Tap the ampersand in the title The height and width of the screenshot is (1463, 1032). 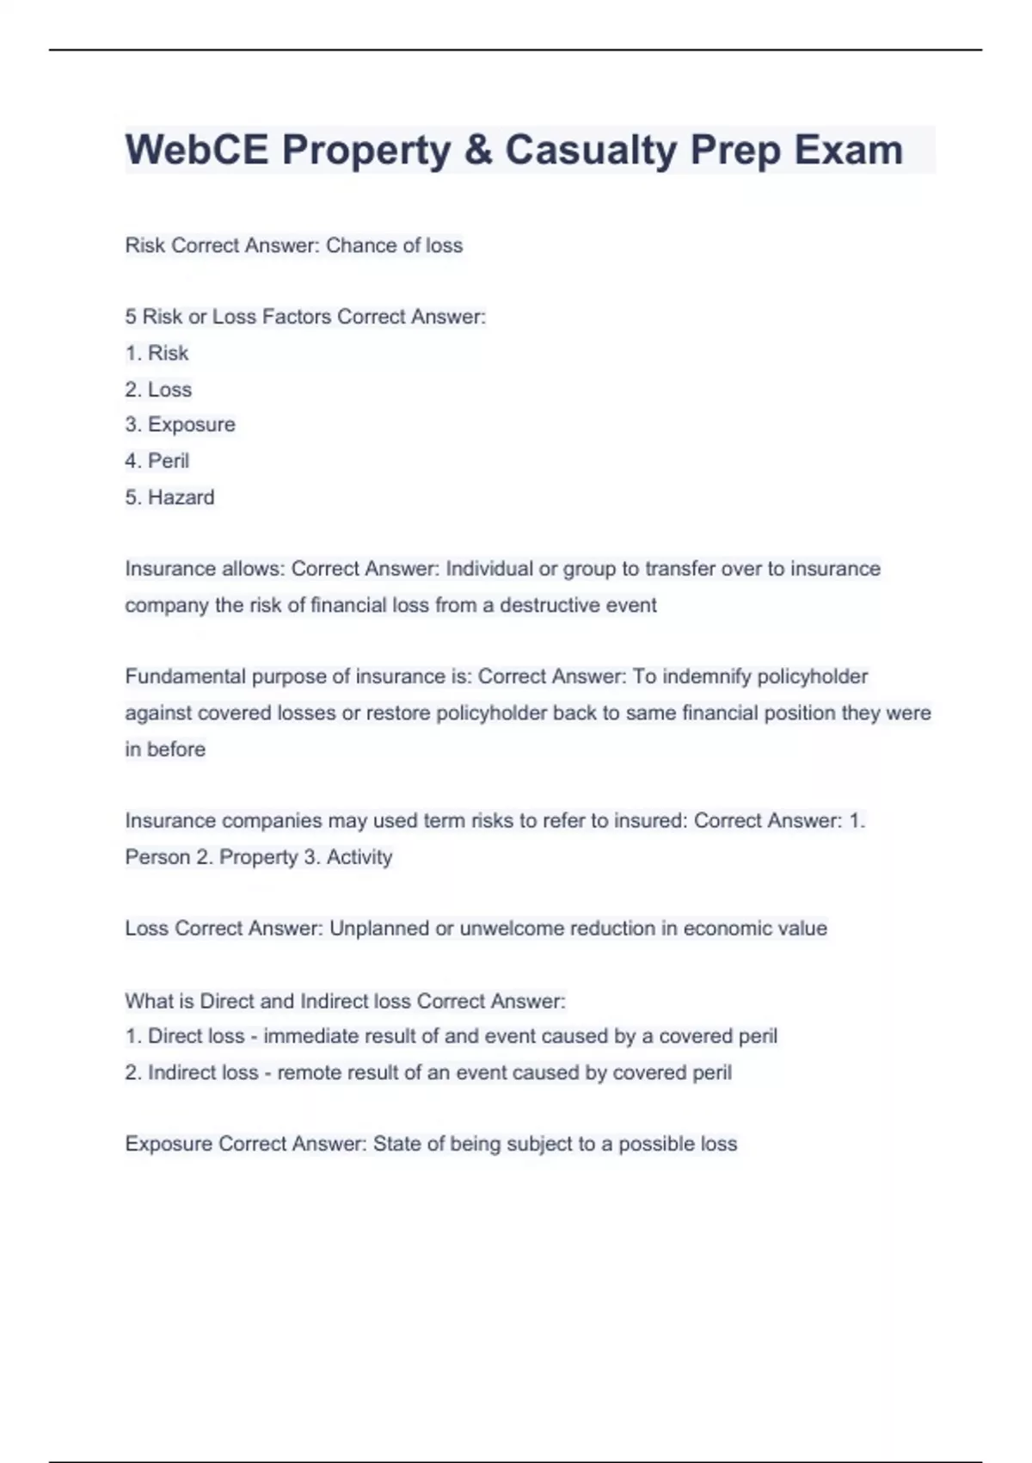(x=477, y=150)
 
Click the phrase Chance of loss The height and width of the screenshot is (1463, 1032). (x=394, y=245)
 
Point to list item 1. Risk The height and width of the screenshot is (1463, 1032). (x=157, y=353)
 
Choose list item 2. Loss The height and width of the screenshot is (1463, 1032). (x=158, y=389)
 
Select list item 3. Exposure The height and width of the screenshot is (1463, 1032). (x=180, y=424)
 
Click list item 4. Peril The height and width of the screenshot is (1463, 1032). (x=157, y=460)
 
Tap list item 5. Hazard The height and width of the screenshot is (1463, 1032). (x=169, y=497)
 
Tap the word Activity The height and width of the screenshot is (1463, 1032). (x=359, y=857)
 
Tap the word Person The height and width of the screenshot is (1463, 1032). (x=157, y=857)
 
